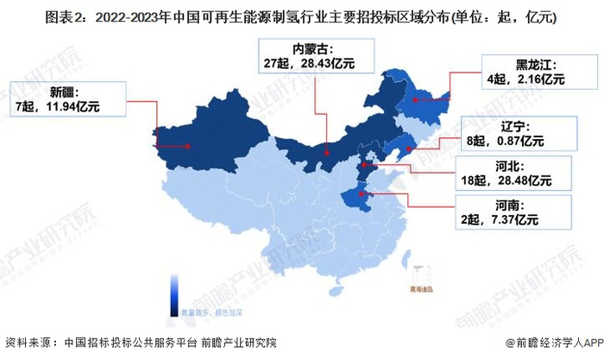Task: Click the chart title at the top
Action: pos(302,15)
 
